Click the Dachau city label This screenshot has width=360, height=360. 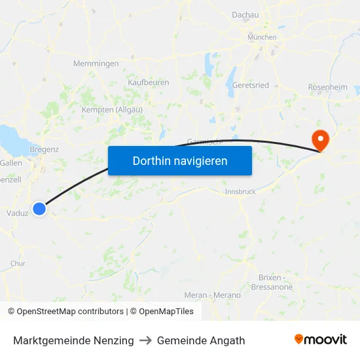point(245,14)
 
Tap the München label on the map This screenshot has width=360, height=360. point(262,37)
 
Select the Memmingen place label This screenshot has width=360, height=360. point(96,63)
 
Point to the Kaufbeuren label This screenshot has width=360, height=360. point(149,82)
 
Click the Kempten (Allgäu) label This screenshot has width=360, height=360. point(112,110)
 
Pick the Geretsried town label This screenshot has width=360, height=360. point(251,85)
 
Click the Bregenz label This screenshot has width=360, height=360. point(45,149)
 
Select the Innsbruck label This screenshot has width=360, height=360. point(240,192)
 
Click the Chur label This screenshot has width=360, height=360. point(18,263)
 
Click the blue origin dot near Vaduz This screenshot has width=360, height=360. point(39,209)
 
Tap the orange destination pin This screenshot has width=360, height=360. point(321,139)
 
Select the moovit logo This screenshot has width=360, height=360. point(321,340)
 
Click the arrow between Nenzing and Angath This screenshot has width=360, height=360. point(145,340)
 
